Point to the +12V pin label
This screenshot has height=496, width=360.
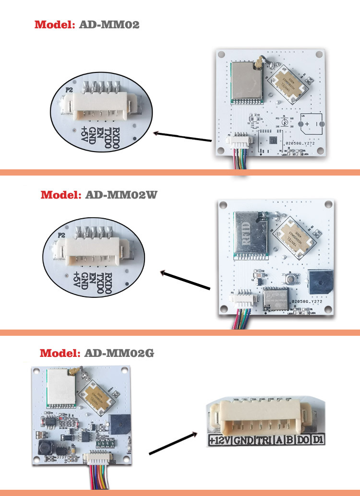(219, 439)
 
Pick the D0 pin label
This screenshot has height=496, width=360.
(302, 439)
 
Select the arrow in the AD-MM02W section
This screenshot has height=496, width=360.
(185, 281)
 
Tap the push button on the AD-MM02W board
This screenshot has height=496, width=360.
(290, 278)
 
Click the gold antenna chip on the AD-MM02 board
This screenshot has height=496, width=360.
(287, 83)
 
